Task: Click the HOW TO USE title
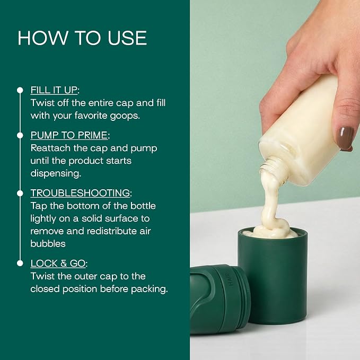(82, 38)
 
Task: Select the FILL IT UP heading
(54, 90)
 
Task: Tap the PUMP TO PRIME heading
(69, 135)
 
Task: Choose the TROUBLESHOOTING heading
(81, 193)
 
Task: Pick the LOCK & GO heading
(58, 264)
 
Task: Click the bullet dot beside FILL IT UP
(20, 90)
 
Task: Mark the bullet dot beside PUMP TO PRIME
(20, 135)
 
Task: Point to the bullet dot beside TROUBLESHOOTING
(20, 194)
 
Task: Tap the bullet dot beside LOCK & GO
(20, 263)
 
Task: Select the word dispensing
(56, 173)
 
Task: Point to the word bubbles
(48, 243)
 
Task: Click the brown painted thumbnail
(345, 138)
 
